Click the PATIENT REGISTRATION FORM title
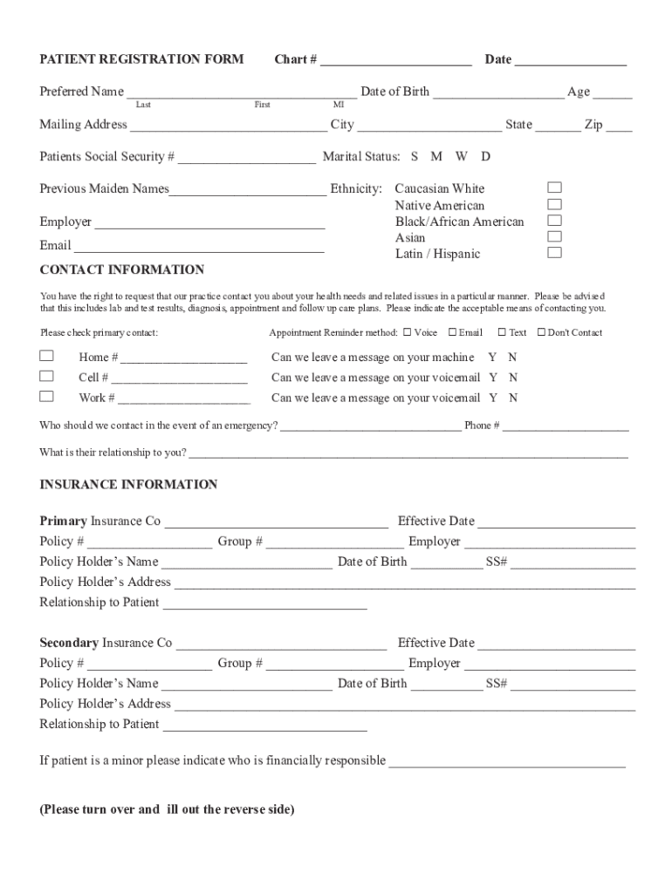141,59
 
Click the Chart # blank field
395,61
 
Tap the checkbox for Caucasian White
554,187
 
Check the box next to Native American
554,204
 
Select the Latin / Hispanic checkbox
554,253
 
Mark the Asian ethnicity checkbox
554,236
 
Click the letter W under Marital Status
461,157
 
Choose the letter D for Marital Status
485,157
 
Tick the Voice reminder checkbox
407,332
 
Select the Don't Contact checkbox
541,332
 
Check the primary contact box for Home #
46,356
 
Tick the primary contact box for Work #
46,396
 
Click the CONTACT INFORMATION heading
122,269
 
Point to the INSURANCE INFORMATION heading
128,484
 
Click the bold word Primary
63,521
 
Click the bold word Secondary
69,643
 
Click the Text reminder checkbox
503,332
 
